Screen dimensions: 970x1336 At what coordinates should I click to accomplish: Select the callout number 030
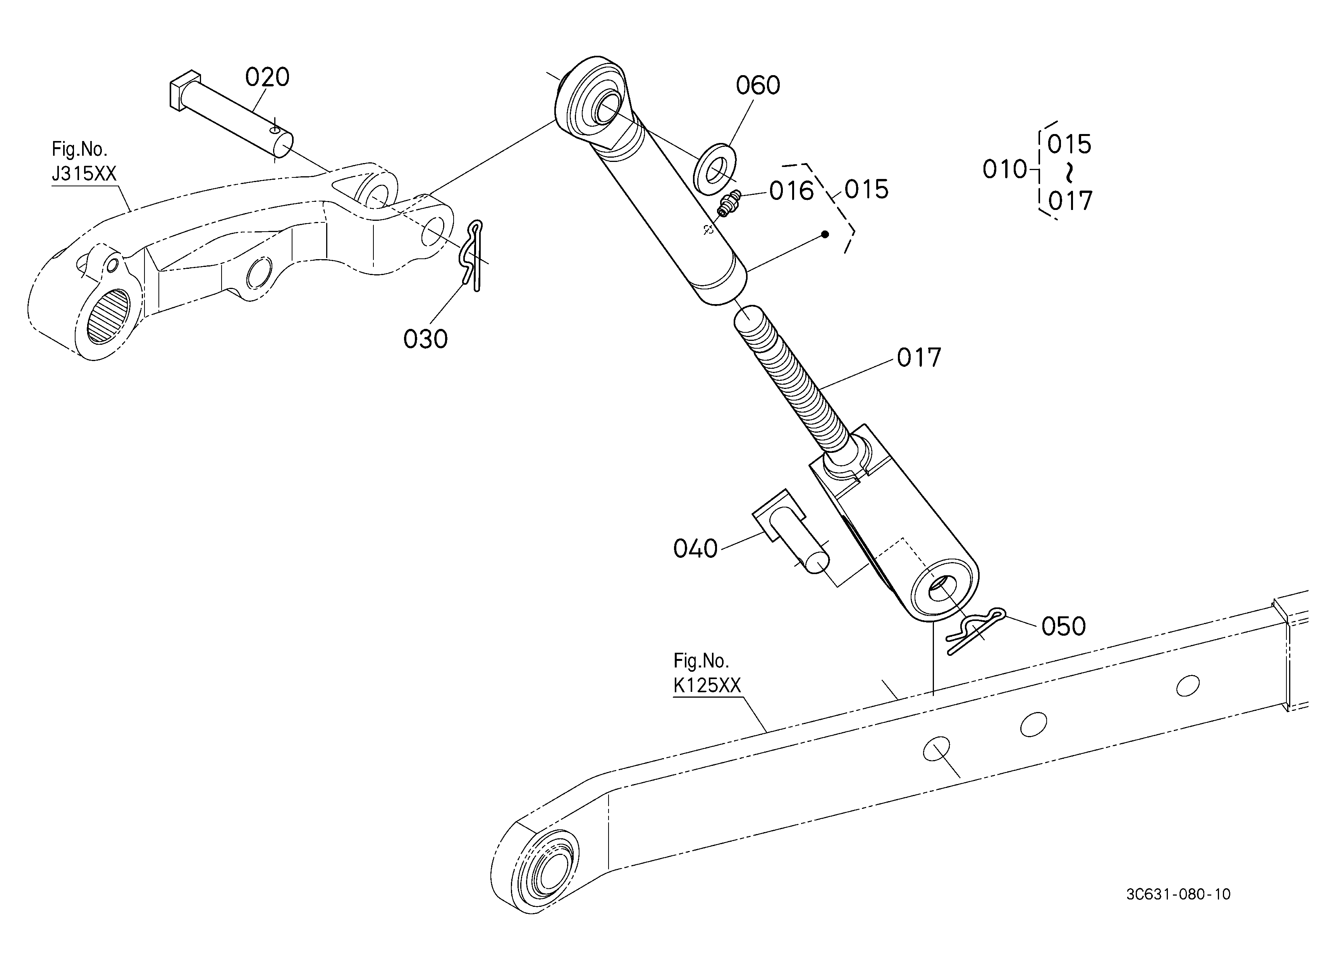[425, 339]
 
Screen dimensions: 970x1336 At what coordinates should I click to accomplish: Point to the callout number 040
[695, 549]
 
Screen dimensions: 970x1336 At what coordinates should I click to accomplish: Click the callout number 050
[1063, 627]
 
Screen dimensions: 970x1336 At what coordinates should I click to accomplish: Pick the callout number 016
[791, 191]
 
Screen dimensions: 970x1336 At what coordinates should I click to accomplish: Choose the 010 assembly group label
[1004, 170]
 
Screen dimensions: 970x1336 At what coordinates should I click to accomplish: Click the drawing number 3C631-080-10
[1178, 894]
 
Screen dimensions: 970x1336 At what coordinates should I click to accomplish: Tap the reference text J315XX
[84, 174]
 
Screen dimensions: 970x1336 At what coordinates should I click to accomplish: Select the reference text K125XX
[707, 686]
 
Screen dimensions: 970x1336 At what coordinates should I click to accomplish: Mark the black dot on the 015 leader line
[825, 234]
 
